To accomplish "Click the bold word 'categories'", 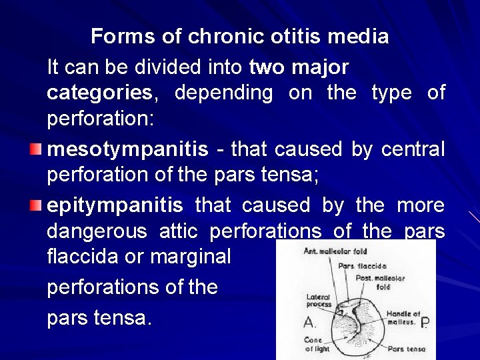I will (x=99, y=93).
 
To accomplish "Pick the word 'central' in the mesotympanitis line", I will (x=413, y=149).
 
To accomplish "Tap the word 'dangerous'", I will (x=96, y=232).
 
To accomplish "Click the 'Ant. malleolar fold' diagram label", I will (x=335, y=251).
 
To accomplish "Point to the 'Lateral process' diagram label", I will (x=319, y=301).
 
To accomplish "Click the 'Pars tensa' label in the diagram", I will (x=405, y=348).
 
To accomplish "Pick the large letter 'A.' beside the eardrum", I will (x=309, y=323).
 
